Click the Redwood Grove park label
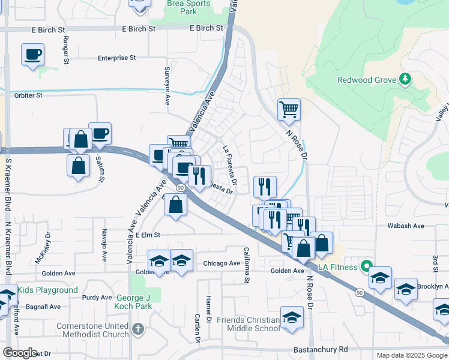click(366, 80)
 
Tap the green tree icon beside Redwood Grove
click(405, 79)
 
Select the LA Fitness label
click(337, 266)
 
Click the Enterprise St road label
click(117, 58)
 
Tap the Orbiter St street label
click(28, 95)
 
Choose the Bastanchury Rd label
click(321, 349)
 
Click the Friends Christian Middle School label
click(249, 324)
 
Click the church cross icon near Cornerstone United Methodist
click(138, 329)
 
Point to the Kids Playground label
click(47, 290)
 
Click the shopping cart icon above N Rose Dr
click(289, 109)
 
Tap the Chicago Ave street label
click(221, 263)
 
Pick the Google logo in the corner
click(20, 353)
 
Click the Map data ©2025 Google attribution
click(411, 355)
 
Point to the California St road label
click(246, 265)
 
